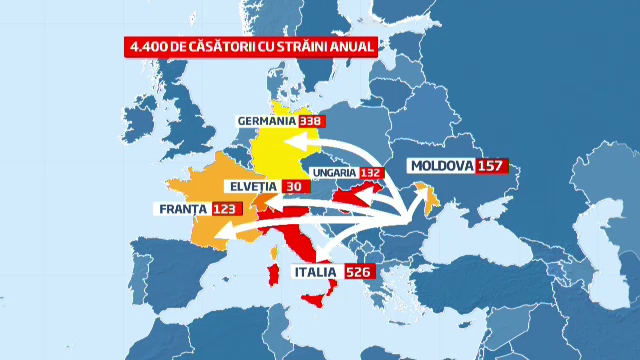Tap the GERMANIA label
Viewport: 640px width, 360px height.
(267, 121)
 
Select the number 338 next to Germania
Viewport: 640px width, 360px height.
(313, 121)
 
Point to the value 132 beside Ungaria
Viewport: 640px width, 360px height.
(372, 172)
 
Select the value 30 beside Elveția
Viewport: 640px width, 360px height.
(294, 186)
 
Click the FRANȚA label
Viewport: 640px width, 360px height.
(181, 209)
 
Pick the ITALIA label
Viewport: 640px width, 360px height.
(317, 271)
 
